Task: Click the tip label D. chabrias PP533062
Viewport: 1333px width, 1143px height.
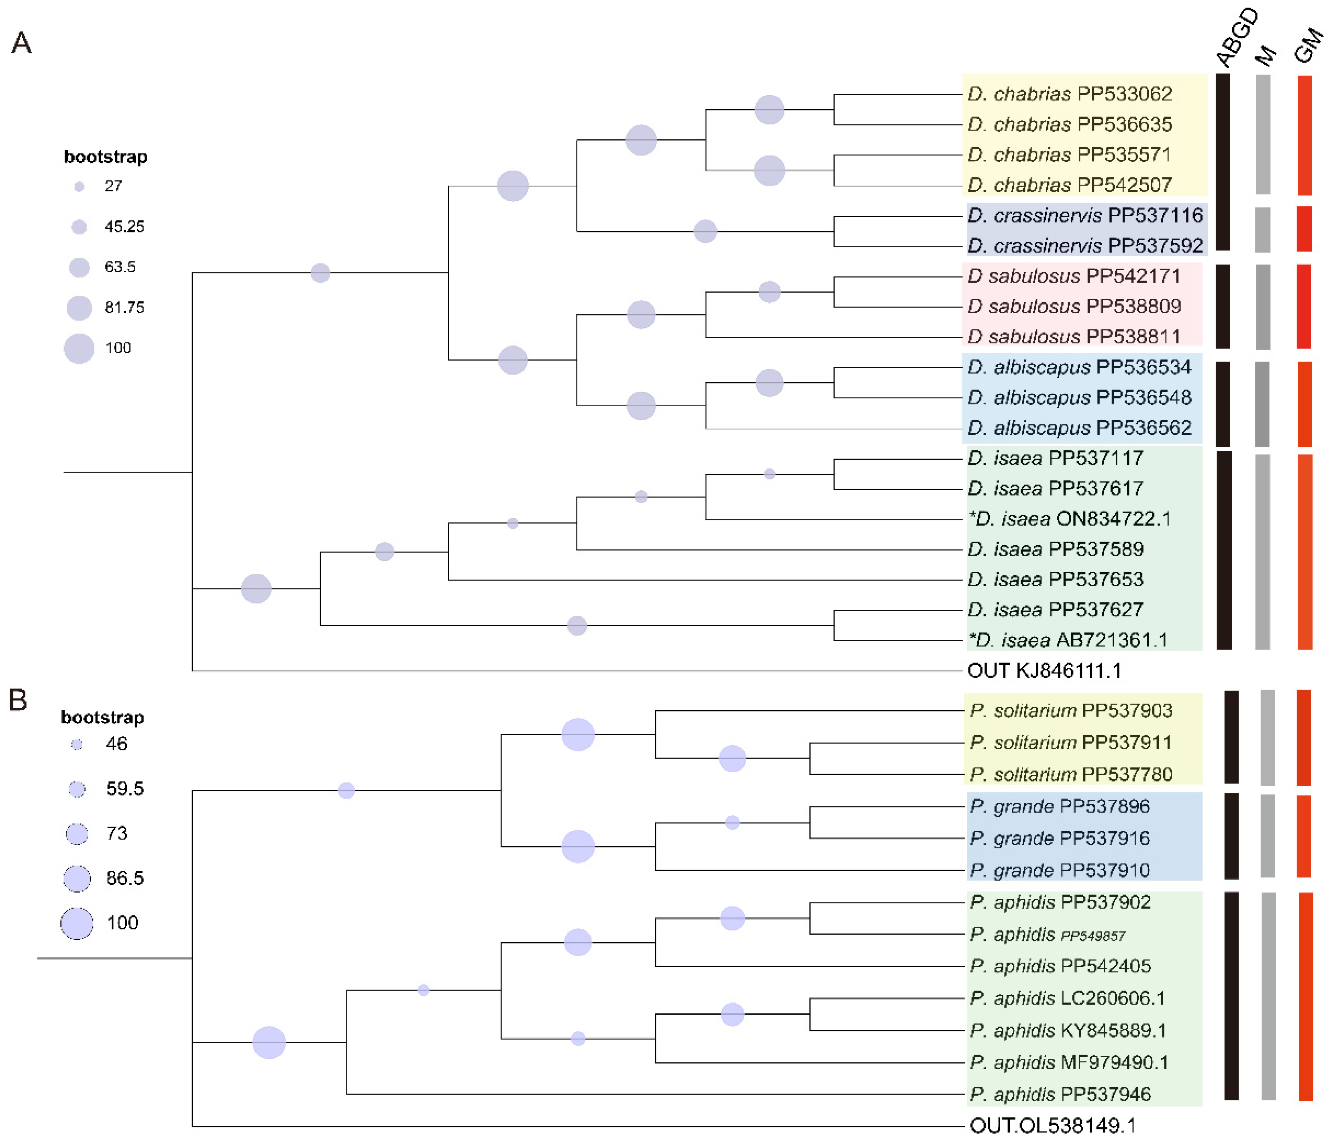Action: pyautogui.click(x=1069, y=94)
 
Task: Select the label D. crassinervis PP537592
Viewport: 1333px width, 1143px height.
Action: pyautogui.click(x=1085, y=246)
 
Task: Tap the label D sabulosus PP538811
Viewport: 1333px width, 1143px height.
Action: pyautogui.click(x=1074, y=336)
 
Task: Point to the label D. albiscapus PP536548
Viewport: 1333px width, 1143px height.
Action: pyautogui.click(x=1079, y=397)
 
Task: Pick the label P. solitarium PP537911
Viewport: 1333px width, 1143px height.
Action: pyautogui.click(x=1070, y=742)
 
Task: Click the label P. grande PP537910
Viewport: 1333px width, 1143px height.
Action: pyautogui.click(x=1059, y=870)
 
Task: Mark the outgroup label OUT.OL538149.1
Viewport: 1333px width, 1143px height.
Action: pyautogui.click(x=1052, y=1126)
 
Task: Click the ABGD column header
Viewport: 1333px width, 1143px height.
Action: pyautogui.click(x=1237, y=37)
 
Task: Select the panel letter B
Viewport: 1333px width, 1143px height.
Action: pyautogui.click(x=18, y=700)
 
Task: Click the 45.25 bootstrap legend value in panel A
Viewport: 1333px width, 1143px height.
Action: pyautogui.click(x=124, y=226)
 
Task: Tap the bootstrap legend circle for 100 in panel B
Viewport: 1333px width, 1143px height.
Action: pyautogui.click(x=77, y=923)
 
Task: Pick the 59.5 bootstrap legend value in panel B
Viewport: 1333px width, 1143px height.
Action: pyautogui.click(x=125, y=788)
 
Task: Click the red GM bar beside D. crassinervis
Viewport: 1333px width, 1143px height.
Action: pyautogui.click(x=1304, y=229)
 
